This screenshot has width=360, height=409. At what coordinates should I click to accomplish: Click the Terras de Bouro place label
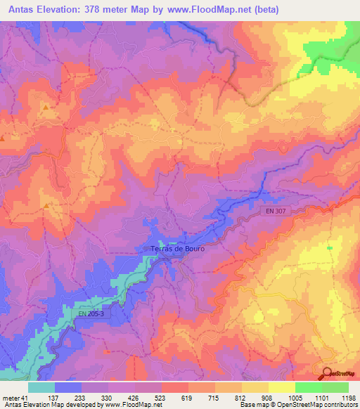pyautogui.click(x=176, y=249)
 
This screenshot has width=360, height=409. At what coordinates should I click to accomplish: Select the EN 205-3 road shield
pyautogui.click(x=90, y=313)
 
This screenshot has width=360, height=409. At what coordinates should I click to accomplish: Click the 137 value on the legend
pyautogui.click(x=68, y=397)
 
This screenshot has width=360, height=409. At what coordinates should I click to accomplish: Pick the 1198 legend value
pyautogui.click(x=348, y=397)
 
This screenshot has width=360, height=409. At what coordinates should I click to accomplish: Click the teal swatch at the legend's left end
pyautogui.click(x=41, y=387)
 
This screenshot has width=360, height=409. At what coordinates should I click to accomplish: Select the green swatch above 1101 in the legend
pyautogui.click(x=309, y=387)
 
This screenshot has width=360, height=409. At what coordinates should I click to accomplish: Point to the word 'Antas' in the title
pyautogui.click(x=23, y=10)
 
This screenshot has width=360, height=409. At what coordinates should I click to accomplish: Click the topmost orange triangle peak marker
pyautogui.click(x=46, y=108)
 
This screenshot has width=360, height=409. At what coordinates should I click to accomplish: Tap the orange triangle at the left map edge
pyautogui.click(x=2, y=138)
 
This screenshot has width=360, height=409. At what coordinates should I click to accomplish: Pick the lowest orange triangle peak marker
pyautogui.click(x=46, y=206)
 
